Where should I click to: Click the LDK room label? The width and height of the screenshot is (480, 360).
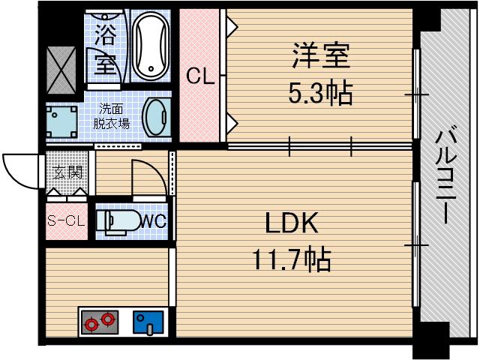coord(293,223)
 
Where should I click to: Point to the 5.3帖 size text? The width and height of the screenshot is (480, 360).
coord(321,94)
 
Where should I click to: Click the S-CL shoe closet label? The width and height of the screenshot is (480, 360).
coord(66,220)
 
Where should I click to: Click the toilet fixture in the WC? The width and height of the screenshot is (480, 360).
coord(120,221)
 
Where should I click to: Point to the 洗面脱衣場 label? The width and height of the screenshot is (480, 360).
coord(111,116)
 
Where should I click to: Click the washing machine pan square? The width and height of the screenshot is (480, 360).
coord(62,118)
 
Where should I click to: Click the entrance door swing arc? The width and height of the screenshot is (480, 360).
coord(21,171)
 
